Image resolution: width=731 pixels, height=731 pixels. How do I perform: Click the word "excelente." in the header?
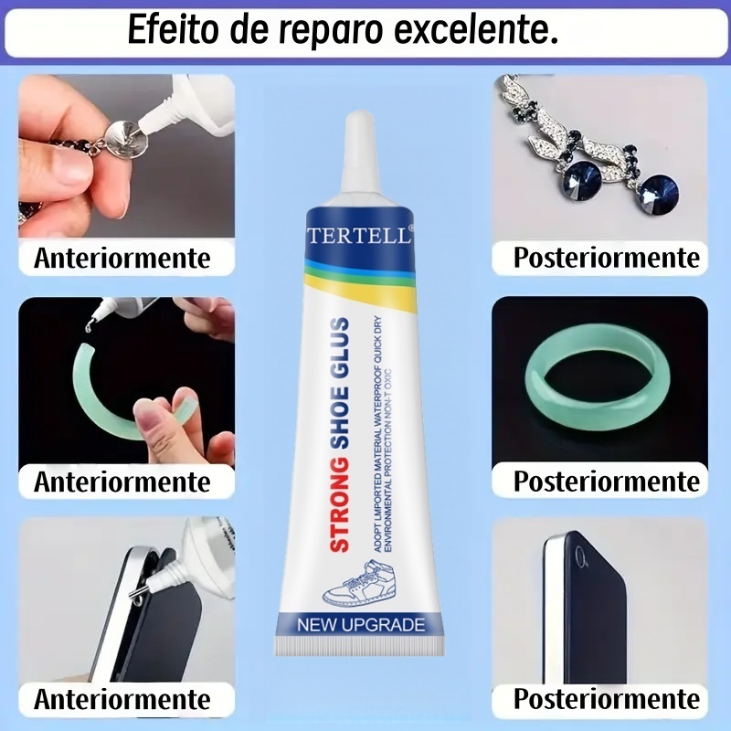476,30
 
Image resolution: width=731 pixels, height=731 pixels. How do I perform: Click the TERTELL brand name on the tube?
359,235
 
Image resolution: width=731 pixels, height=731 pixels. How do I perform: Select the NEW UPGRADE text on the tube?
361,625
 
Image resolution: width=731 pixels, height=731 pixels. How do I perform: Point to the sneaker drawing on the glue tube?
359,583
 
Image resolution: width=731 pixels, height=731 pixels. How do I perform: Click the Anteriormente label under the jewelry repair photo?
122,258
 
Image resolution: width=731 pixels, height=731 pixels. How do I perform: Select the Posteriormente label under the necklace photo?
607,258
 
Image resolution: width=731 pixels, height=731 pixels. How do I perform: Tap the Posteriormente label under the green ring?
607,482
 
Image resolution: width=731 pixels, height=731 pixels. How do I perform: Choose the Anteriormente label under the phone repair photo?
122,699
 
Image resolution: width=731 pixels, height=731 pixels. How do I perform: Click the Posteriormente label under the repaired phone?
607,699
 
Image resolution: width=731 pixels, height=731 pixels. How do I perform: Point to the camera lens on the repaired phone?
580,556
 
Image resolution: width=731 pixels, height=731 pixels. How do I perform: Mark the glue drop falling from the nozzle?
88,327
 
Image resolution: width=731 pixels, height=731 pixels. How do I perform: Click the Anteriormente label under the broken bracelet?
122,482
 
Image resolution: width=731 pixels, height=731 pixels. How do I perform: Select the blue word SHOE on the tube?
340,418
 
